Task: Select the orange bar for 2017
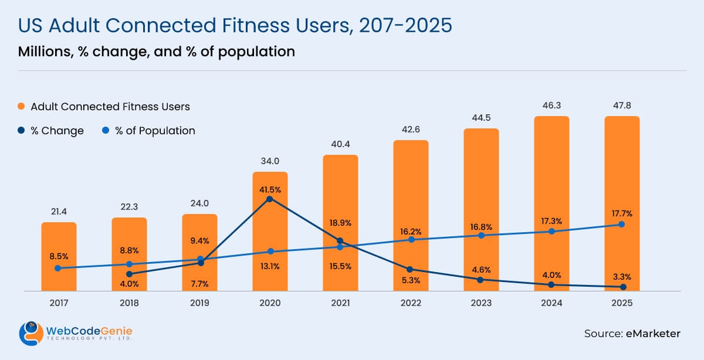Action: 59,246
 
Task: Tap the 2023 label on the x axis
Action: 481,303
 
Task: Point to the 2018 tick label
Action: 129,303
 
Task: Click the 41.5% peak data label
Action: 270,189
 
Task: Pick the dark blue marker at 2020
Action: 270,199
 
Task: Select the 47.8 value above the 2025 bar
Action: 622,106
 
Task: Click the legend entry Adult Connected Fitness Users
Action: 110,107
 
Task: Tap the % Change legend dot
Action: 21,131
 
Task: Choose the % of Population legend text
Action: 155,131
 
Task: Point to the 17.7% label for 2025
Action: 622,213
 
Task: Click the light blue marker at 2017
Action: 57,268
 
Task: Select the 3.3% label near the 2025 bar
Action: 622,276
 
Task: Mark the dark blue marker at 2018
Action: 129,274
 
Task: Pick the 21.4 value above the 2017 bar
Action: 59,211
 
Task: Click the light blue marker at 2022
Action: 411,240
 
